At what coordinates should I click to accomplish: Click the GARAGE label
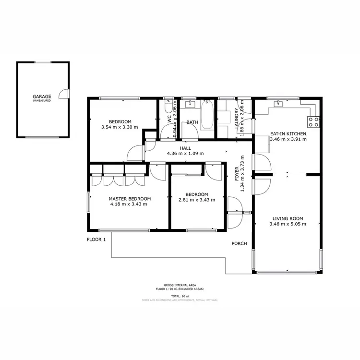tap(42, 96)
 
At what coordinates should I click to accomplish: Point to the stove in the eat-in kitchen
tap(313, 122)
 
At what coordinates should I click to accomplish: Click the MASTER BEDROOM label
tap(130, 199)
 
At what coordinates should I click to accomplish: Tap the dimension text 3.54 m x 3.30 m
tap(120, 127)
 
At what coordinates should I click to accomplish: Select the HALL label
tap(185, 148)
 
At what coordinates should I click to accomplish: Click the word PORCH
tap(239, 243)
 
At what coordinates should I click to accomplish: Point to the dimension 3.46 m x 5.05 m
tap(288, 224)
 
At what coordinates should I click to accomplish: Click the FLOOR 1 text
tap(96, 239)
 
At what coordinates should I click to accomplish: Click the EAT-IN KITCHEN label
tap(288, 133)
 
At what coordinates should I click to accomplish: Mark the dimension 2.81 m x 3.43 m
tap(197, 200)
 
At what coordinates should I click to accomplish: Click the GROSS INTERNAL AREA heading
tap(180, 285)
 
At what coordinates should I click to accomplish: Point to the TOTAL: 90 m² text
tap(180, 296)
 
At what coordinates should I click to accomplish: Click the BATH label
tap(192, 122)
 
